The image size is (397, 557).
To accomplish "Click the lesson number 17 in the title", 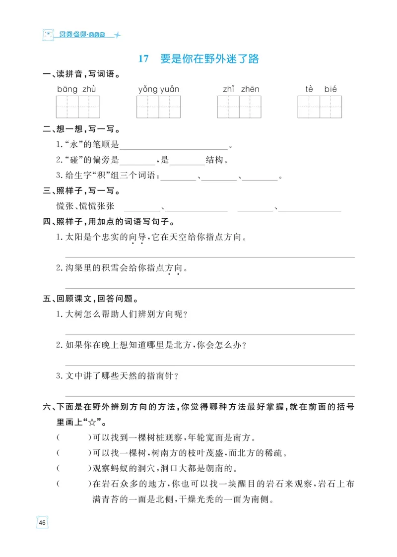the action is pyautogui.click(x=143, y=59).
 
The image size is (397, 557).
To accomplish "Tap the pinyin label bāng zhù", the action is pyautogui.click(x=76, y=89).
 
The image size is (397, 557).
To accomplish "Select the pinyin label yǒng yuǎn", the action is pyautogui.click(x=158, y=89).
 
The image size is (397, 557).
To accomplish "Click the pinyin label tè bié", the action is pyautogui.click(x=321, y=89).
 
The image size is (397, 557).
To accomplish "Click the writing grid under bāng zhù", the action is pyautogui.click(x=78, y=107).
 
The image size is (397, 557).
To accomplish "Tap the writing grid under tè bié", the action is pyautogui.click(x=320, y=107).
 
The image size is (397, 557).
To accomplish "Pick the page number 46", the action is pyautogui.click(x=42, y=523).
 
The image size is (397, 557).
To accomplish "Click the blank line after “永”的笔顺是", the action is pyautogui.click(x=174, y=147).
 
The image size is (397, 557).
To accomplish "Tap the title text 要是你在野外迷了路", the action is pyautogui.click(x=209, y=59).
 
